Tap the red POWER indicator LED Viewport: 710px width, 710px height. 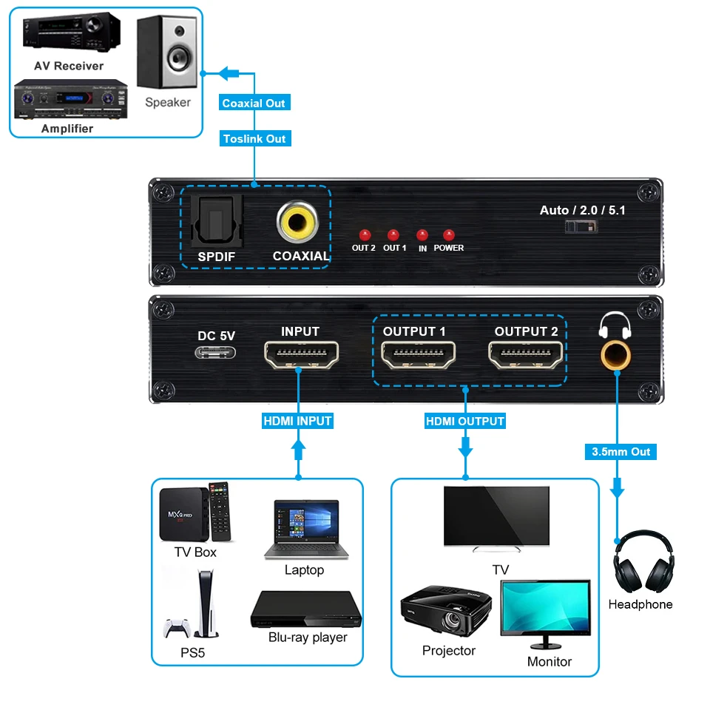[448, 234]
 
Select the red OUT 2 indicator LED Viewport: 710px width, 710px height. [363, 234]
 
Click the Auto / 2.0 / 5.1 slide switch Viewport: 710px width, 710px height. [581, 227]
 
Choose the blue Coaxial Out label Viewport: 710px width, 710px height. [254, 104]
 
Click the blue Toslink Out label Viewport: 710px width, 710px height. [254, 138]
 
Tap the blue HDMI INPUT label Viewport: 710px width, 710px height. [298, 421]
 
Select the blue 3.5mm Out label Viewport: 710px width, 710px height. [621, 451]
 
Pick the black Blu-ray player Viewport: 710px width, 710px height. [306, 609]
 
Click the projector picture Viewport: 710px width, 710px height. [446, 610]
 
